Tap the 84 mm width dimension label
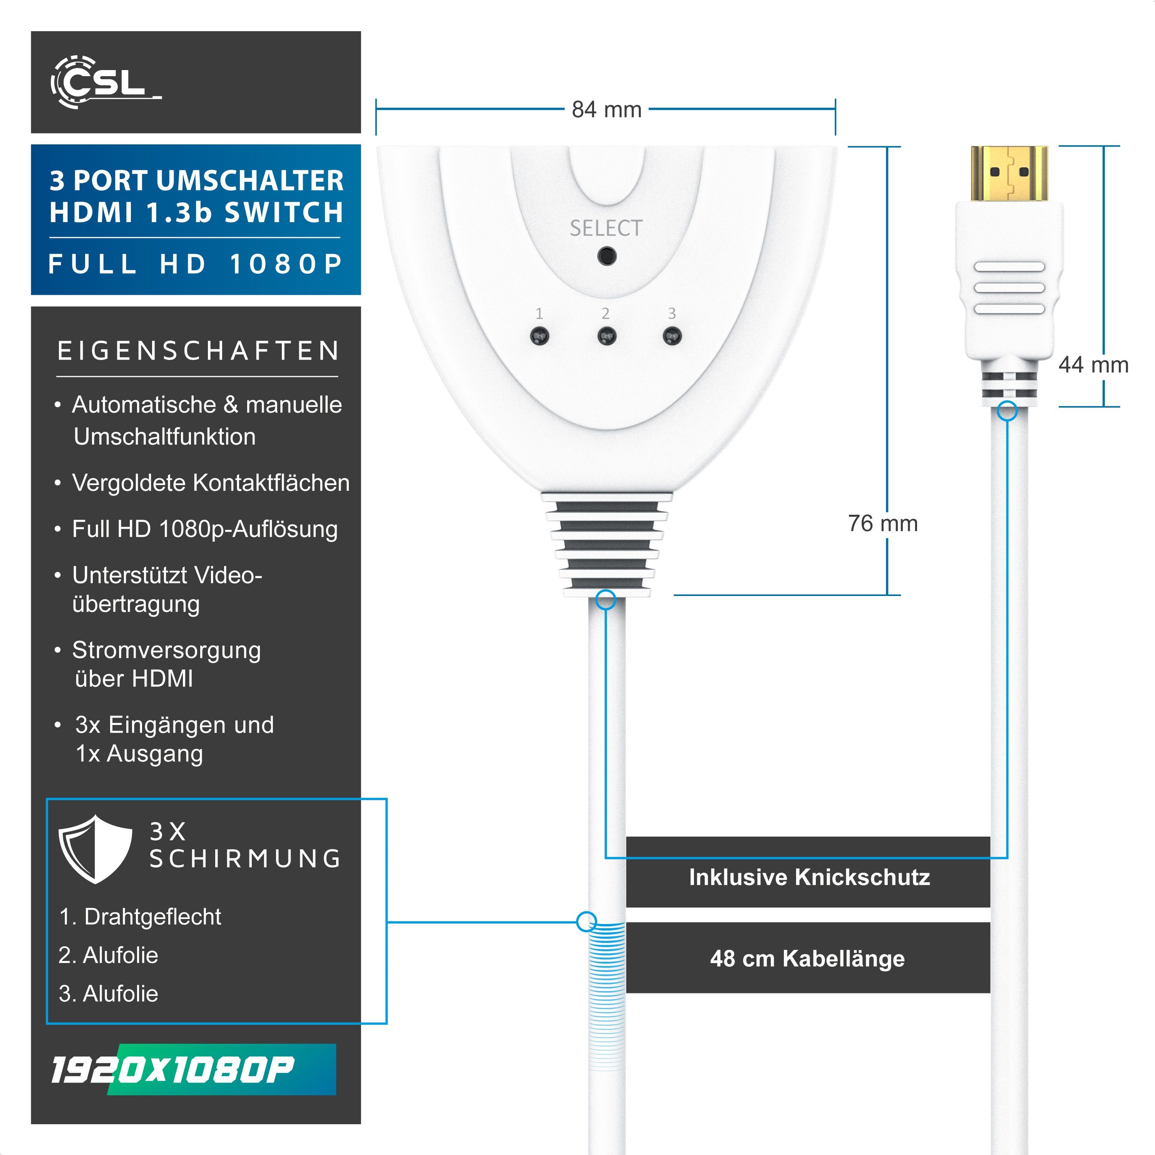[x=606, y=109]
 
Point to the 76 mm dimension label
[x=882, y=523]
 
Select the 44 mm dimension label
[x=1093, y=365]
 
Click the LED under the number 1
[x=539, y=336]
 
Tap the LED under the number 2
[x=606, y=336]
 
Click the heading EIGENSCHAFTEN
[x=198, y=351]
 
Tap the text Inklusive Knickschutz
[x=809, y=877]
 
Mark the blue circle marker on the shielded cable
[x=586, y=921]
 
